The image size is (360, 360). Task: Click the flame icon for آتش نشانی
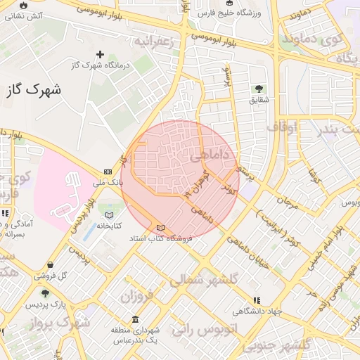[x=24, y=4]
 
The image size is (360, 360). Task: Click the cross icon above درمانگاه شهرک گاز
[x=100, y=54]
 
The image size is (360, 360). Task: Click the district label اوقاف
[x=283, y=127]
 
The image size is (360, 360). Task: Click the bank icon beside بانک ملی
[x=108, y=172]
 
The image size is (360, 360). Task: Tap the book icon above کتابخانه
[x=108, y=214]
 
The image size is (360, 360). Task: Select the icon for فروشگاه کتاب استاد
[x=161, y=228]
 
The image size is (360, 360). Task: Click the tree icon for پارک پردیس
[x=46, y=294]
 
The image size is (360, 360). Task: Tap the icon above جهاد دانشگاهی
[x=257, y=300]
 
